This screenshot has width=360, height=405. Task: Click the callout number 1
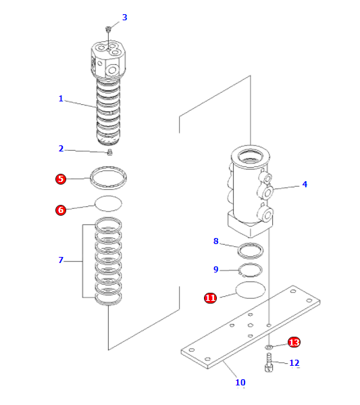click(60, 99)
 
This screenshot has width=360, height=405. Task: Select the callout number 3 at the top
click(124, 18)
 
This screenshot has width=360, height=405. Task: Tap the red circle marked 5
click(61, 179)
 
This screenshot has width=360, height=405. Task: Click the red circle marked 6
click(61, 210)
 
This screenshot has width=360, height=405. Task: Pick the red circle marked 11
click(210, 297)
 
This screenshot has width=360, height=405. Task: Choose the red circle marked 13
click(294, 342)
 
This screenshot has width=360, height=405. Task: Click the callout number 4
click(305, 184)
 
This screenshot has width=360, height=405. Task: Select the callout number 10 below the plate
click(240, 383)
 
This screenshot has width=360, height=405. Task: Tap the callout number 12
click(294, 363)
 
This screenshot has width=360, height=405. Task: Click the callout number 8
click(216, 241)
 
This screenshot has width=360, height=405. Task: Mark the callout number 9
click(216, 270)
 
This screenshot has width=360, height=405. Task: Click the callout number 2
click(60, 149)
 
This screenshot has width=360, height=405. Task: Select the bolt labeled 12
click(269, 366)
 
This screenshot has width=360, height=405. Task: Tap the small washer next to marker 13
click(269, 348)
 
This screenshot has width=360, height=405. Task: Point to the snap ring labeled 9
click(249, 271)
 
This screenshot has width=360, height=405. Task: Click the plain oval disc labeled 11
click(251, 292)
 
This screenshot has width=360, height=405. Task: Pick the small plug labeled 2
click(110, 151)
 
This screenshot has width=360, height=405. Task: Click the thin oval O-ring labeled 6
click(108, 202)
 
